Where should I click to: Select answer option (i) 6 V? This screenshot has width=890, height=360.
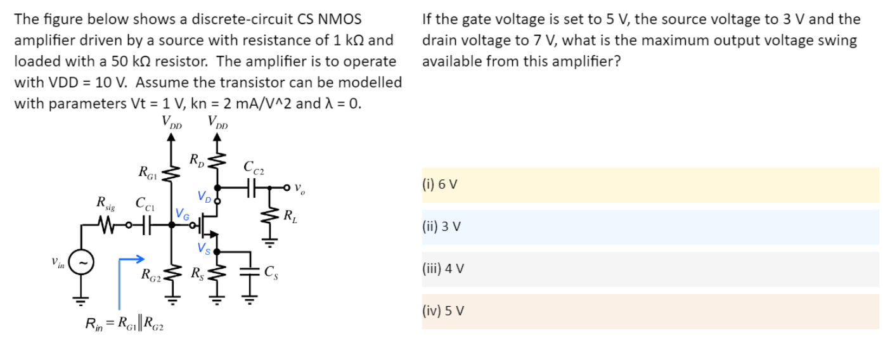tap(650, 185)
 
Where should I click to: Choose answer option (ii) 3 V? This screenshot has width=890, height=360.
tap(650, 227)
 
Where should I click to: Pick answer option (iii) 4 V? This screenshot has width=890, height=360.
tap(650, 269)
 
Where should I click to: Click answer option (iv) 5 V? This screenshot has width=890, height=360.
tap(650, 311)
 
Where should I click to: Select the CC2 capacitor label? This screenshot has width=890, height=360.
tap(254, 168)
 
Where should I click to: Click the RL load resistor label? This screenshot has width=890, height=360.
tap(289, 214)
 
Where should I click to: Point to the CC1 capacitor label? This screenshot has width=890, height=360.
tap(141, 204)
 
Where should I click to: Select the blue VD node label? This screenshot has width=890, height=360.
tap(204, 195)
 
